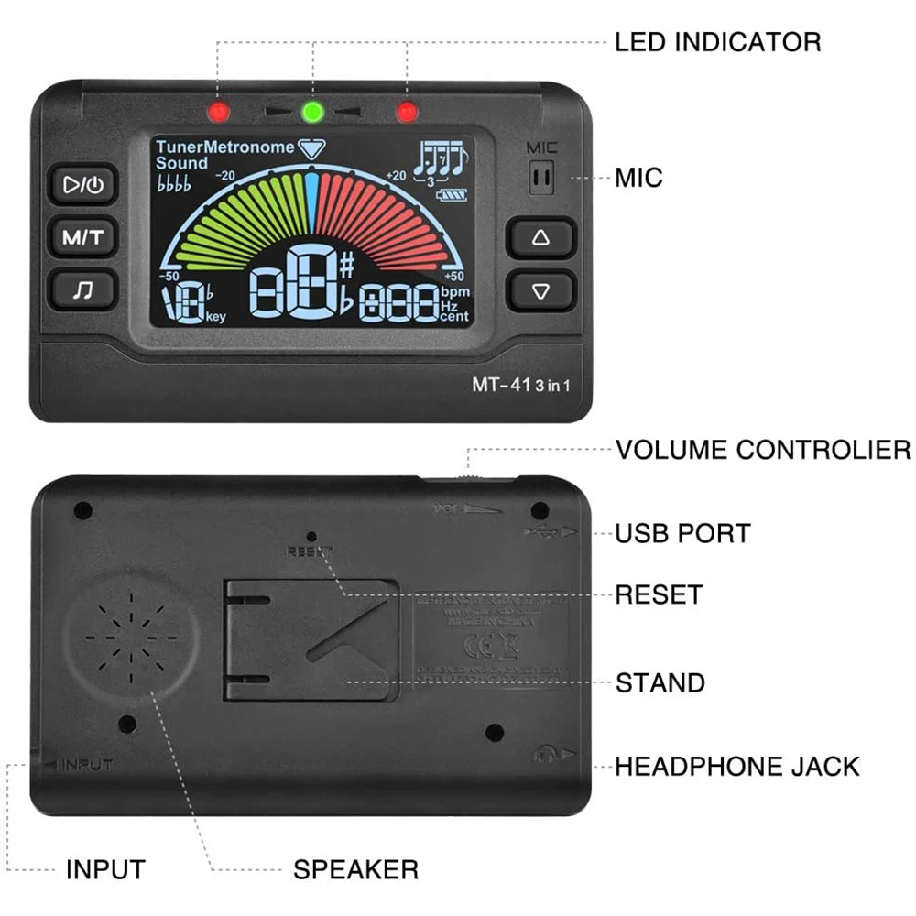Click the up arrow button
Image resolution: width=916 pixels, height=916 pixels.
coord(541,237)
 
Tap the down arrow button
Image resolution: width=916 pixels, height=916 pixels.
coord(541,290)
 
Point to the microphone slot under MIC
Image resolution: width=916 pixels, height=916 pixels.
coord(542,177)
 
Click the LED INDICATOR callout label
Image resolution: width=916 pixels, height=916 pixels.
coord(717,41)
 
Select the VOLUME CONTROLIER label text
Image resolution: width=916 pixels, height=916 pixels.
coord(762,450)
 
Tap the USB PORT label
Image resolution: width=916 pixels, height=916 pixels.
coord(682,533)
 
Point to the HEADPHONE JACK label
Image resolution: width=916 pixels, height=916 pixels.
coord(736,766)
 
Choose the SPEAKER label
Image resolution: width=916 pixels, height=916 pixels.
coord(355,869)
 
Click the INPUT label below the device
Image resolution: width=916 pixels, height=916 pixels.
coord(105,869)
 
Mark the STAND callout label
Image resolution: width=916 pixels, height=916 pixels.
coord(660,683)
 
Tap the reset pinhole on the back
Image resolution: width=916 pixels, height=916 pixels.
coord(311,536)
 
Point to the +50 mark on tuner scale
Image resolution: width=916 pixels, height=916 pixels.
coord(454,276)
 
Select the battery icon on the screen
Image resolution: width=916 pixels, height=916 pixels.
coord(453,195)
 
